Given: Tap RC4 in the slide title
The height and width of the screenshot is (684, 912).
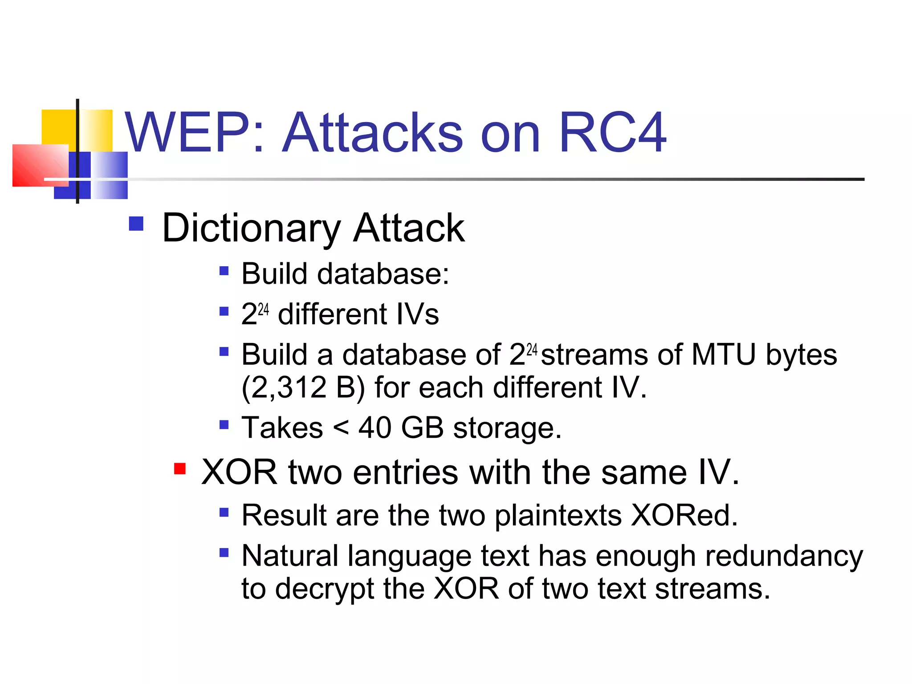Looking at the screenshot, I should pos(612,133).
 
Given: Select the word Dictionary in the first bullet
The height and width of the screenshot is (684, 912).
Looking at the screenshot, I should pos(251,228).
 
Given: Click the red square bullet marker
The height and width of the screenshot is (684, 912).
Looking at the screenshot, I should pos(180,469).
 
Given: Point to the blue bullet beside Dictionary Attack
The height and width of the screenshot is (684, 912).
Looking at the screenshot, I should pos(136,224).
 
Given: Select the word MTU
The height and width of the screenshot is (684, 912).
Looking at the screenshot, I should pos(723,355).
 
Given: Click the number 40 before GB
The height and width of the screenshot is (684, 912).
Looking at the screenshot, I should pos(375,428).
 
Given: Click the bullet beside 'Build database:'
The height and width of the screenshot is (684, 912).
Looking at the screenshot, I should pos(224,270).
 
